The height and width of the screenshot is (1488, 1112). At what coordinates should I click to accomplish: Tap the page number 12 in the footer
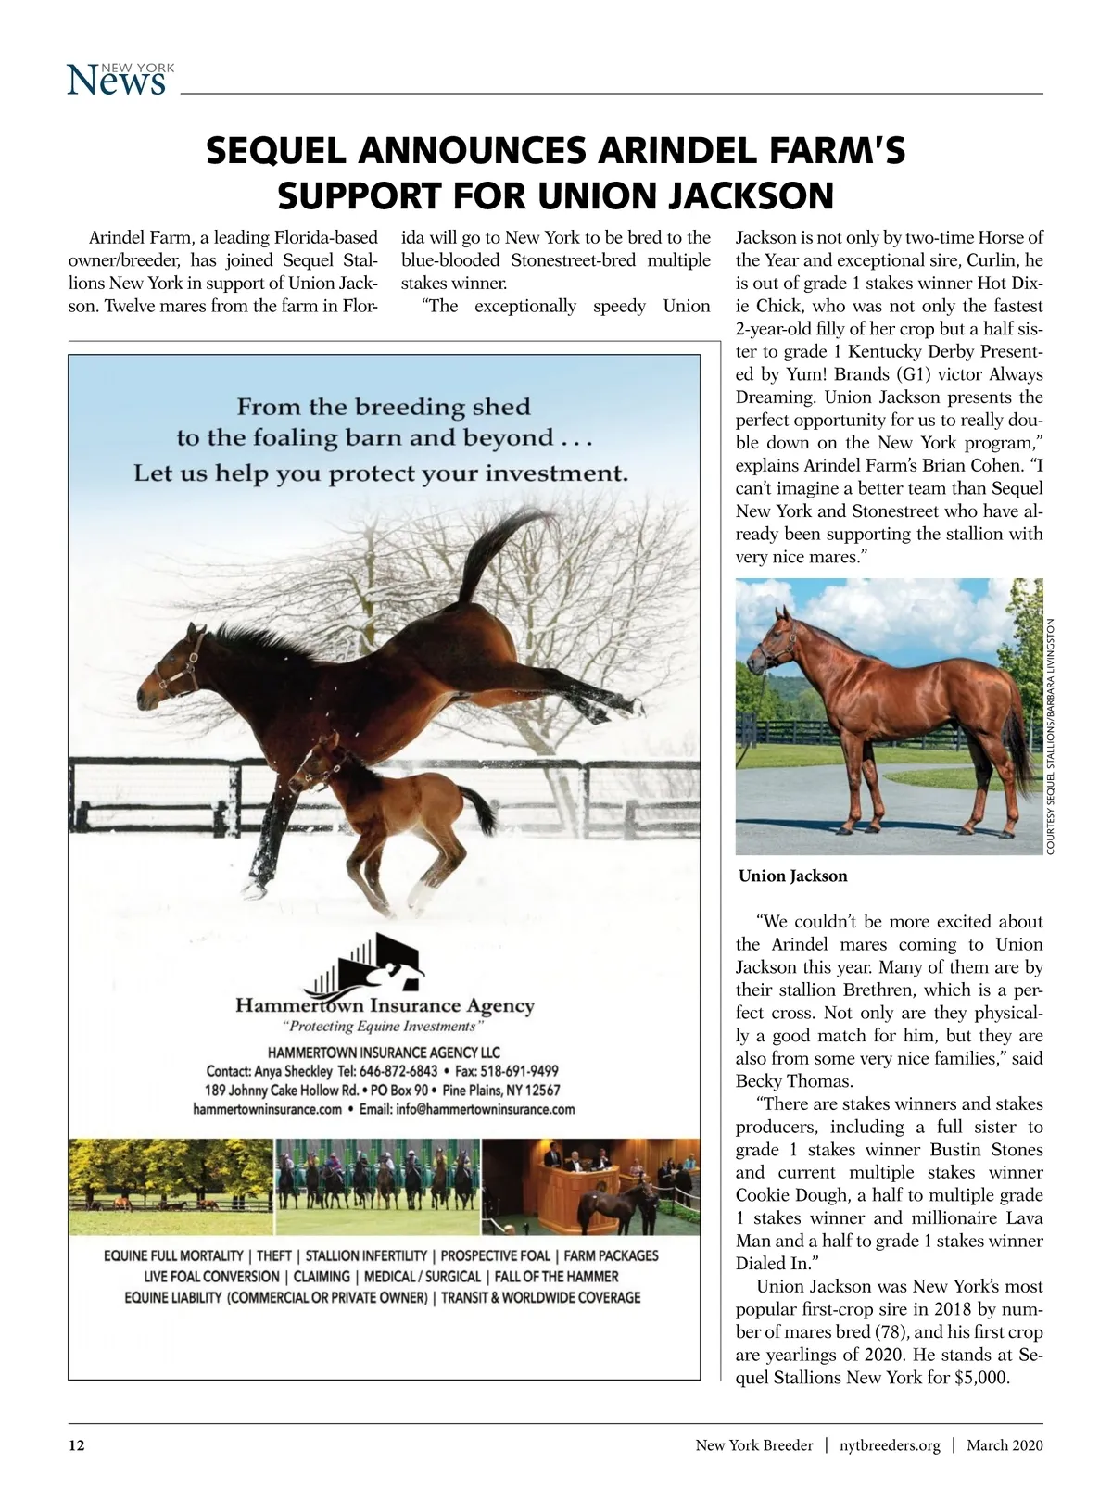(77, 1445)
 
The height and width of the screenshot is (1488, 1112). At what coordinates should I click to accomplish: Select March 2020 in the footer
(1005, 1445)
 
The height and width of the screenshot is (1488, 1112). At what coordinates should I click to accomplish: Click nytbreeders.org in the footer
(890, 1445)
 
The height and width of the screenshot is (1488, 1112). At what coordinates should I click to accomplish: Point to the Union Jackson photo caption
(792, 876)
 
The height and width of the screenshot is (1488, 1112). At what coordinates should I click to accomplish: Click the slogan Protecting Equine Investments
(383, 1027)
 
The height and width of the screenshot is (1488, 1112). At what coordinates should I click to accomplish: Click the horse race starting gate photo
(378, 1186)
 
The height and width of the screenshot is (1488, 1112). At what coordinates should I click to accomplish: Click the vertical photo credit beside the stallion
(1051, 737)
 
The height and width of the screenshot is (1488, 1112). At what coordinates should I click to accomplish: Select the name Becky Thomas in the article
(793, 1081)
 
